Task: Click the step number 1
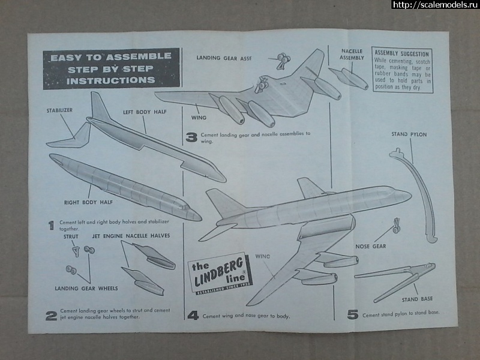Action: pos(51,226)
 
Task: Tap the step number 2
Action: pos(52,314)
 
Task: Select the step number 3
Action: pos(191,137)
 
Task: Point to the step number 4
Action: pos(193,314)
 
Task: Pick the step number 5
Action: pos(353,314)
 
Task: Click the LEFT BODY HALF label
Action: pos(144,112)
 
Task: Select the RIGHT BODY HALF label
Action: pos(89,203)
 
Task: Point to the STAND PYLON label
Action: pos(409,134)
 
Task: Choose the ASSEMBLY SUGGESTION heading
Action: pos(402,53)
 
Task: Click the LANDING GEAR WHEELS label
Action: pos(83,289)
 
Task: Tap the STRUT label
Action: pos(71,236)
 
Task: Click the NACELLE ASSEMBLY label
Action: pos(352,55)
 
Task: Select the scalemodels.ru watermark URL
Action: pos(435,5)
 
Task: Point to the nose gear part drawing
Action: pos(397,226)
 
